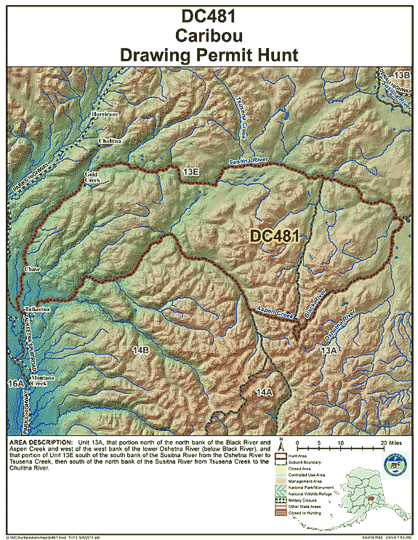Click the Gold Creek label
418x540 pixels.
[x=92, y=178]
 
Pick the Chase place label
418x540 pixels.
[x=33, y=269]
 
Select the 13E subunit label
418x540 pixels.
[x=191, y=172]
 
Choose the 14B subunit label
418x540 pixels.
[x=140, y=351]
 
